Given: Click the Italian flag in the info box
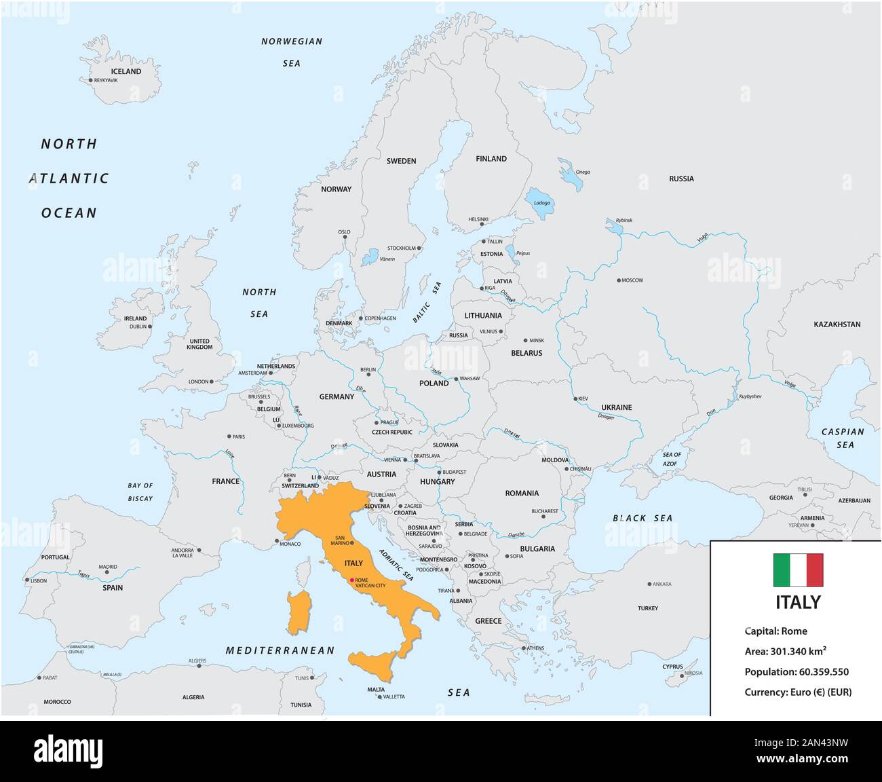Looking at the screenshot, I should (x=798, y=570).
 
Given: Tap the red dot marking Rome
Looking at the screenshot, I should (x=351, y=580).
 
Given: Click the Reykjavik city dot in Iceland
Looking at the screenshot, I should (x=90, y=80).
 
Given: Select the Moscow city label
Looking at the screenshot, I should (x=632, y=280).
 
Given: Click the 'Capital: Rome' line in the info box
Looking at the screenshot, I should (x=775, y=631).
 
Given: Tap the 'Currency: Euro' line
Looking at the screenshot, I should (x=797, y=692).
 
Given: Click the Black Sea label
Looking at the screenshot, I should (x=643, y=518).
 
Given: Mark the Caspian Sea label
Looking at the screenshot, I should (x=843, y=438).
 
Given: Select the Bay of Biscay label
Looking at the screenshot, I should (x=140, y=491).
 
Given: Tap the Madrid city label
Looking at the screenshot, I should (x=108, y=567).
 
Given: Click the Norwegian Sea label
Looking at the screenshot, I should (x=292, y=52).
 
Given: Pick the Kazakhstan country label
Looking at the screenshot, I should (x=837, y=324).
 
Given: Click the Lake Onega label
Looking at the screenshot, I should (x=582, y=172).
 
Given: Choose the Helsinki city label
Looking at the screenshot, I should (x=478, y=219).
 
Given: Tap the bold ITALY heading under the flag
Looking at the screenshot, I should (x=798, y=602).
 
